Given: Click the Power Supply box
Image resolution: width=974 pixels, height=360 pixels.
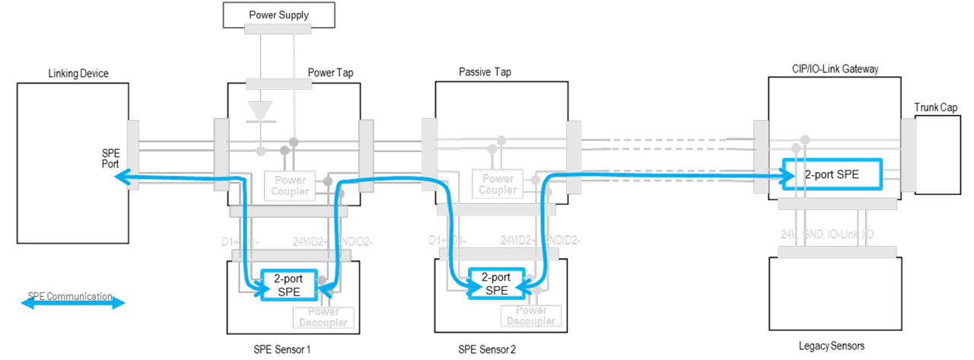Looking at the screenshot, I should tap(279, 14).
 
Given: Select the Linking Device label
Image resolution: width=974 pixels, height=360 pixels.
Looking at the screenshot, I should tap(78, 73).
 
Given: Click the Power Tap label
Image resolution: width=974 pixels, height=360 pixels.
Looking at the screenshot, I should tap(330, 73).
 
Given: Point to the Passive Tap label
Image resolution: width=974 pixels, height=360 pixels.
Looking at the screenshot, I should tap(485, 72).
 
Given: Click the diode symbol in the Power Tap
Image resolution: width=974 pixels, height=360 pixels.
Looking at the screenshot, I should tap(261, 111).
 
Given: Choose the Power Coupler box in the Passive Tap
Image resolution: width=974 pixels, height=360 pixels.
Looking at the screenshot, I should tap(498, 185).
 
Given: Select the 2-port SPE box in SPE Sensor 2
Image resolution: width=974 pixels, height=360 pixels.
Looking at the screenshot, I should tap(496, 283).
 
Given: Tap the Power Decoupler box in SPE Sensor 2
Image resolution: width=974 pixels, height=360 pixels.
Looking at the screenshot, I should tap(531, 316).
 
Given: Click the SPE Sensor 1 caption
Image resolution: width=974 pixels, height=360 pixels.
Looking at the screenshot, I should tap(283, 349).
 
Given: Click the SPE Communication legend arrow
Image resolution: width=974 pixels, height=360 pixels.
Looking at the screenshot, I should tap(73, 303).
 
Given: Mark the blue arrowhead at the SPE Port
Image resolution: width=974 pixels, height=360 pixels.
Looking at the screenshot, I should tap(119, 178).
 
